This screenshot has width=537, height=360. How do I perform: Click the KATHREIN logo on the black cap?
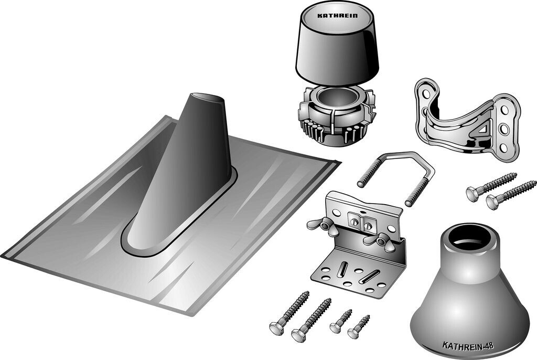tap(337, 15)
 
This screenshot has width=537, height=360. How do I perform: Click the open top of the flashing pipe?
tap(208, 97)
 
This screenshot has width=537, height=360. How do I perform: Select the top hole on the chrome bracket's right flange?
tap(505, 110)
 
